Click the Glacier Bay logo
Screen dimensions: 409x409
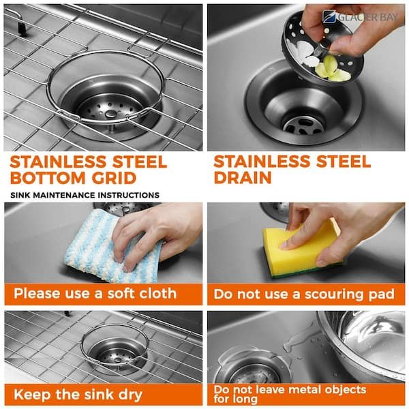[x=360, y=17]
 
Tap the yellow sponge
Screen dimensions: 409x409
[x=300, y=250]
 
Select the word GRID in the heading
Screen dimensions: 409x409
[x=114, y=178]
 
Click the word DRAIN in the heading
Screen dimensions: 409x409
[x=243, y=178]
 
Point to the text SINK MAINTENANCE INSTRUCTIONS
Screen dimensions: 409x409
[x=85, y=195]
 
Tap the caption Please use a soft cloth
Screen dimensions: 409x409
[x=95, y=293]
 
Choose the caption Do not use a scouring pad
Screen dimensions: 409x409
[x=304, y=294]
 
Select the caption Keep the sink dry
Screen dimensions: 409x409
[x=78, y=395]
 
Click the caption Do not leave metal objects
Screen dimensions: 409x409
[x=290, y=390]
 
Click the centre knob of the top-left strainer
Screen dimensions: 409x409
[x=111, y=113]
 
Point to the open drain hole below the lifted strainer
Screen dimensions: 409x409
[x=303, y=125]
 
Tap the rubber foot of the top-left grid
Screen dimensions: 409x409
[x=22, y=28]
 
